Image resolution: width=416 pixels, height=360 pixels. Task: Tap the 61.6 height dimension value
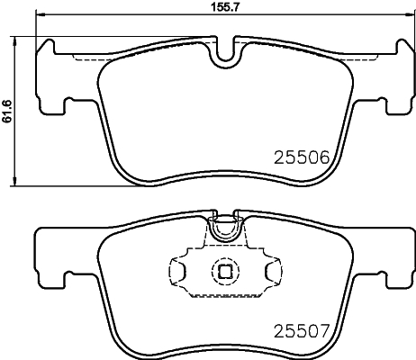tap(6, 112)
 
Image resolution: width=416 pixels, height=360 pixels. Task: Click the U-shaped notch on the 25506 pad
tap(224, 52)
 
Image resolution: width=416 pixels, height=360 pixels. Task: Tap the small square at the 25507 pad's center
tap(223, 270)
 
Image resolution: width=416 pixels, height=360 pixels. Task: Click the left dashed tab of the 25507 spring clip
tap(178, 269)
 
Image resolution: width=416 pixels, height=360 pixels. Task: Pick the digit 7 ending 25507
tap(330, 330)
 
